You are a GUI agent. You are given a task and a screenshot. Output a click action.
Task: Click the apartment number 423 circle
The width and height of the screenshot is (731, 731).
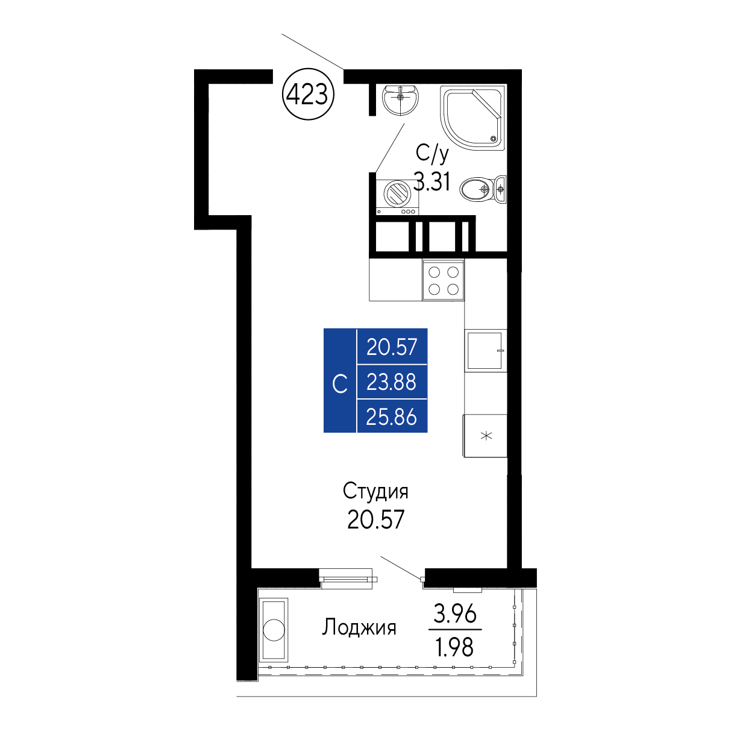pos(308,93)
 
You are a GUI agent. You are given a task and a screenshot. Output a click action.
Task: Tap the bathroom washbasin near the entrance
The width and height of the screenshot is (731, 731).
pos(400,99)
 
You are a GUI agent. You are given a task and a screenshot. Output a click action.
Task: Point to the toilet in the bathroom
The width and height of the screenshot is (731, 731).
pos(483,189)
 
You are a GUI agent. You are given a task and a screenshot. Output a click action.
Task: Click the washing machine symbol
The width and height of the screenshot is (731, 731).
pos(397,197)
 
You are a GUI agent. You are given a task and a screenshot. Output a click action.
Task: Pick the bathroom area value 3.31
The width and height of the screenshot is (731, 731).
pos(431,181)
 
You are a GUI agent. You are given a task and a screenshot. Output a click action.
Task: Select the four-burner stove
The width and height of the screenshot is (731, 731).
pos(443,280)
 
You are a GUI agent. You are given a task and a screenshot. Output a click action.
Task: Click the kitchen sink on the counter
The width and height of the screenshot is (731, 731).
pos(485,350)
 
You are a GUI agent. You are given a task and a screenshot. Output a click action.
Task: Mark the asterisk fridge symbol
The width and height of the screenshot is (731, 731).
pos(486,436)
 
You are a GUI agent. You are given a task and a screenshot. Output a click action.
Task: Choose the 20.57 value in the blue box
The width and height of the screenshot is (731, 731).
pos(392,347)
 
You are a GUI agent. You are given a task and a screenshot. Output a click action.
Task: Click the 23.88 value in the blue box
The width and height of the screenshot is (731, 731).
pos(391,382)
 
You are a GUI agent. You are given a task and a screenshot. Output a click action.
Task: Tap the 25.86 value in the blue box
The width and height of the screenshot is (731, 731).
pos(391,417)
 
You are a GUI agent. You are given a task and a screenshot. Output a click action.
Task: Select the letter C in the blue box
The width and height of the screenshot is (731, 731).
pos(339,384)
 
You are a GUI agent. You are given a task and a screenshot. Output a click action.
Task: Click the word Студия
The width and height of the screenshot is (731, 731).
pos(375,491)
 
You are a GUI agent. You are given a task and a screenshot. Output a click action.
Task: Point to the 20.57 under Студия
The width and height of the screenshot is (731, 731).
pos(375,519)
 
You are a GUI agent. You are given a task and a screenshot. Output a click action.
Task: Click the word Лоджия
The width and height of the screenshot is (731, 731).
pos(359,627)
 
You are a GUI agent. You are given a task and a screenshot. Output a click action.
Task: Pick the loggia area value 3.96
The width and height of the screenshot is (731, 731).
pos(454,613)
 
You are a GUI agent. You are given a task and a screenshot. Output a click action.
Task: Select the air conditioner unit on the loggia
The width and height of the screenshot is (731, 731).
pos(274,630)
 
